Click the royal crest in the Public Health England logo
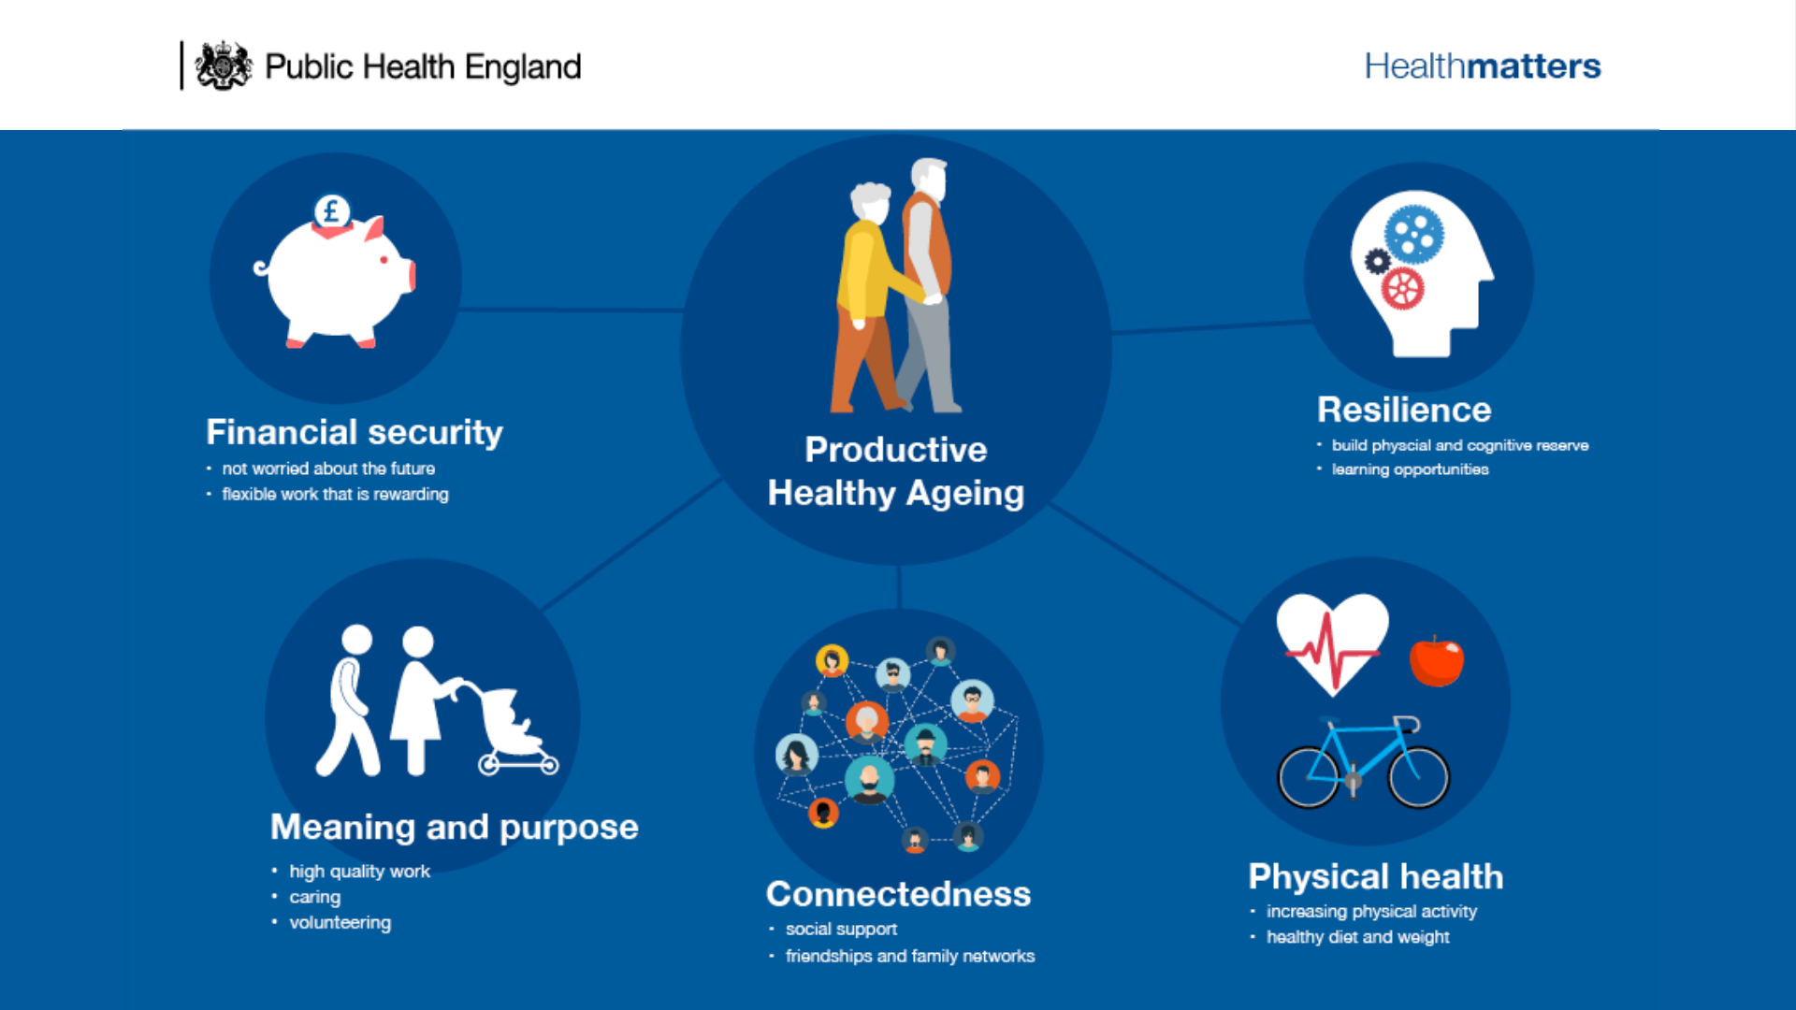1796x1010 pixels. click(224, 66)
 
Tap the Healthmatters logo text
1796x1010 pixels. click(1482, 66)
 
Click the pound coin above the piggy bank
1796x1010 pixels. click(331, 211)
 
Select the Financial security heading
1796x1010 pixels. click(354, 432)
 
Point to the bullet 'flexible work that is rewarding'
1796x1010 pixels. click(335, 494)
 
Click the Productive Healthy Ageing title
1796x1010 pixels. click(895, 471)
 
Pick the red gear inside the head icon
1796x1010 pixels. click(1402, 289)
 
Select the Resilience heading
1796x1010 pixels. click(1403, 410)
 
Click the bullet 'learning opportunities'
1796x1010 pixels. click(1410, 469)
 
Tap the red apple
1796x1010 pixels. click(1436, 661)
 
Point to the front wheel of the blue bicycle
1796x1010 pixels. click(1419, 775)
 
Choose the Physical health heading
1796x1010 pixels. click(1375, 876)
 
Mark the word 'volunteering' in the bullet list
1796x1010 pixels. click(340, 923)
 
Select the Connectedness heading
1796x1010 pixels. click(898, 894)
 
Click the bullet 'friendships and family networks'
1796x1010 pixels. click(909, 956)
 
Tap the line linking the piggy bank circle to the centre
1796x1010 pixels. click(571, 309)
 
